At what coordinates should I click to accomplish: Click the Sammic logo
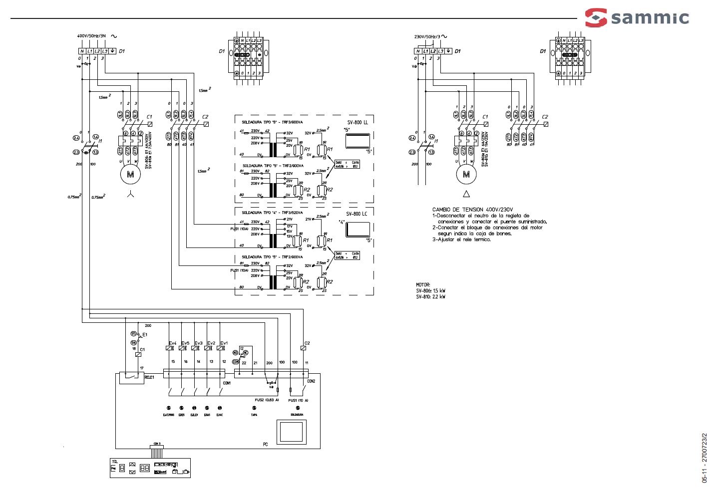[637, 17]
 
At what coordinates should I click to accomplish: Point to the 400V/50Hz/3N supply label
[91, 36]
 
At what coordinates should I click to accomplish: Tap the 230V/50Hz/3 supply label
[427, 36]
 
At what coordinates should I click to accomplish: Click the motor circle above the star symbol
[130, 174]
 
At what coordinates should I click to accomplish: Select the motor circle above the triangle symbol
[466, 174]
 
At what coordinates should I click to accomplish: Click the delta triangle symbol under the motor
[466, 194]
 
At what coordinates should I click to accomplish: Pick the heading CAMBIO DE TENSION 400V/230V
[472, 210]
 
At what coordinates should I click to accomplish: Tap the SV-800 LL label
[357, 122]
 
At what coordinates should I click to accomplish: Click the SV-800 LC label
[357, 214]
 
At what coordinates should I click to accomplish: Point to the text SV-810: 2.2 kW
[430, 297]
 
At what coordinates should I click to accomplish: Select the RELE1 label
[149, 378]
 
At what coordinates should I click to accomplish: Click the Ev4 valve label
[172, 343]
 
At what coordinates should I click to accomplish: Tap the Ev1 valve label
[224, 343]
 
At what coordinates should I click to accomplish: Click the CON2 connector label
[311, 381]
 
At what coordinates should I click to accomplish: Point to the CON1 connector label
[227, 383]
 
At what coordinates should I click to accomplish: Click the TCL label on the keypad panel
[114, 462]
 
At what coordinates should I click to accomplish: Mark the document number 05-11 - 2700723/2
[704, 458]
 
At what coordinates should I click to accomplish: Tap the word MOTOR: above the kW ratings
[423, 285]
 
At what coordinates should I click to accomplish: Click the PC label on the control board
[265, 444]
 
